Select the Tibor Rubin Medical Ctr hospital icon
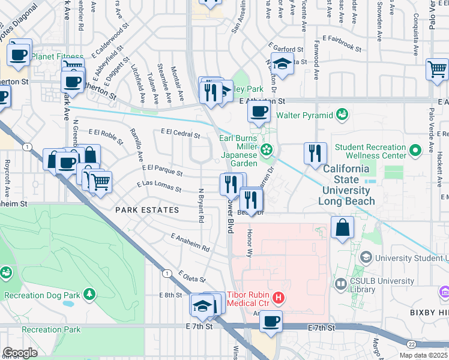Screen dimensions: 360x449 coord(278,297)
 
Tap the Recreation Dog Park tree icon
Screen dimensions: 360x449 coord(89,294)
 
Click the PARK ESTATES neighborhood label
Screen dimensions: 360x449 coord(147,210)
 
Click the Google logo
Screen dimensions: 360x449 coord(20,352)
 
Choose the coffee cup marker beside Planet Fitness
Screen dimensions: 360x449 coord(19,54)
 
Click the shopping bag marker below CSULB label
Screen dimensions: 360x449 coord(342,227)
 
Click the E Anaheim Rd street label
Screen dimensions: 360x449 coord(190,242)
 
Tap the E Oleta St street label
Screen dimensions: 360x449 coord(192,277)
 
